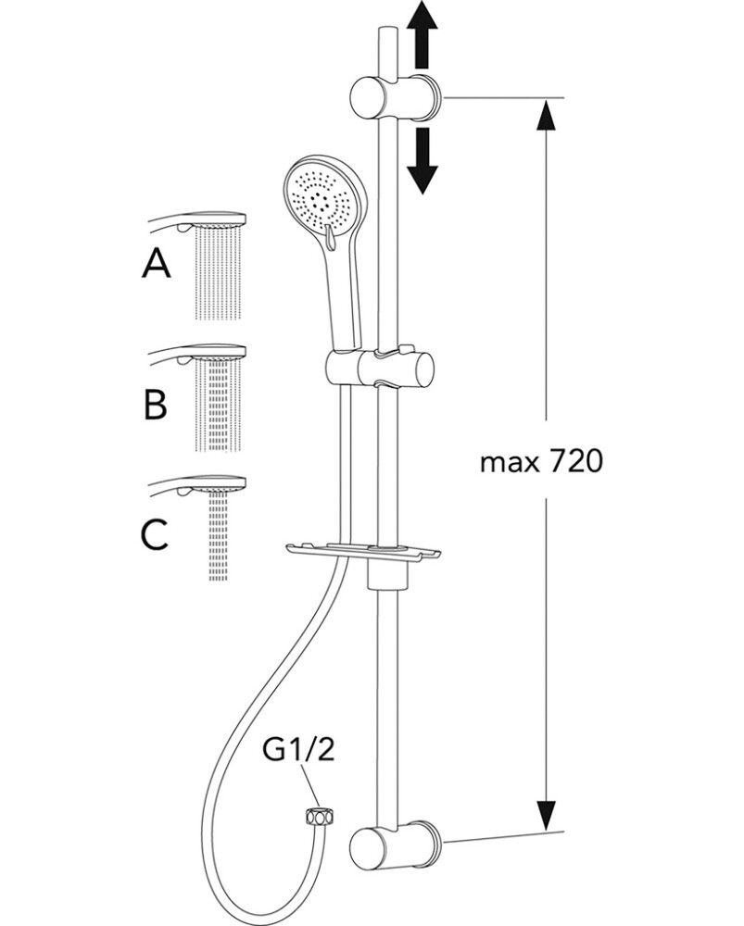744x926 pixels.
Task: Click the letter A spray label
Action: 157,266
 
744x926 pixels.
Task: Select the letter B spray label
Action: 155,404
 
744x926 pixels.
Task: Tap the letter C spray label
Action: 155,534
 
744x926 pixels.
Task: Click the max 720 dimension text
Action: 542,460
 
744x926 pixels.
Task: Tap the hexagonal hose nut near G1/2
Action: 320,817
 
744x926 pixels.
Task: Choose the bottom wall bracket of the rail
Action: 395,845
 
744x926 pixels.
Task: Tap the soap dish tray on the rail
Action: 363,554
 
